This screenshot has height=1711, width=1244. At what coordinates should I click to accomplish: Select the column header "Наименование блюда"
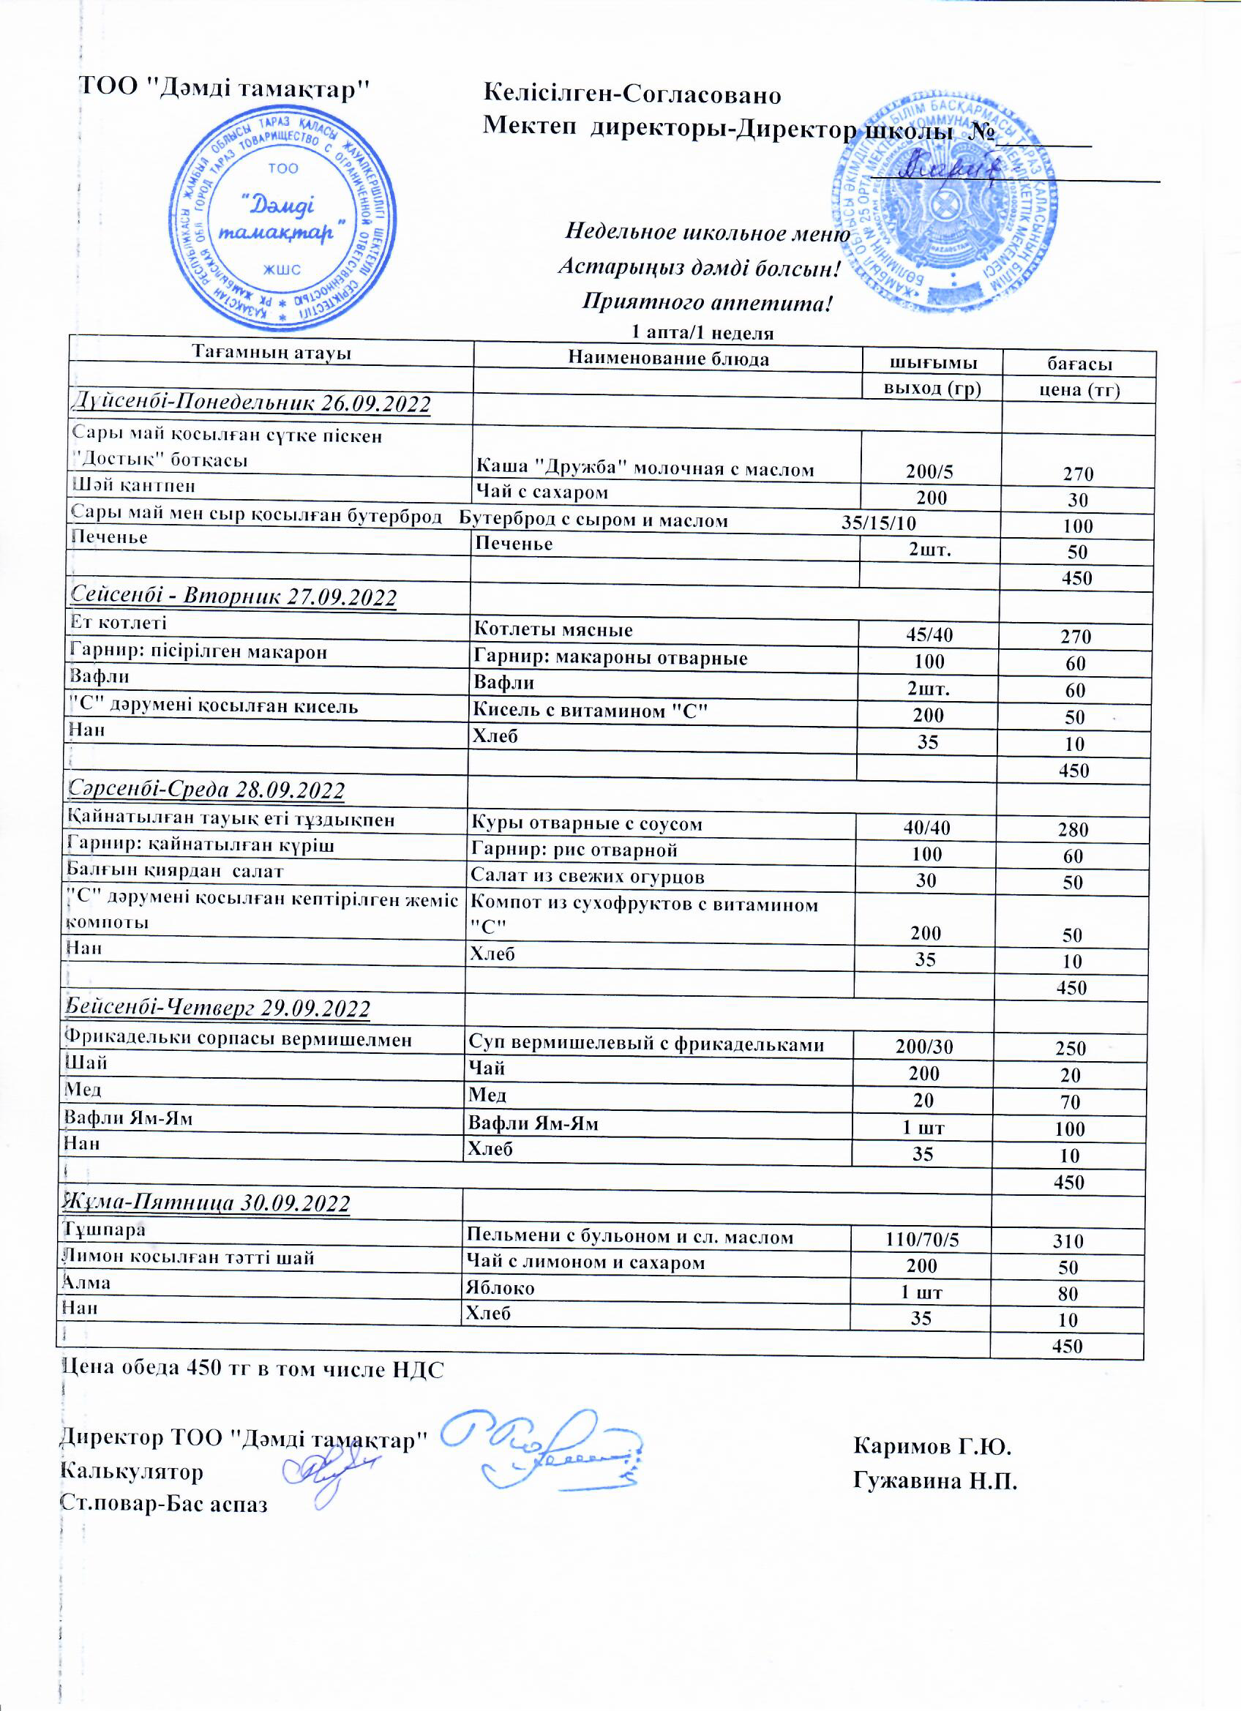[669, 359]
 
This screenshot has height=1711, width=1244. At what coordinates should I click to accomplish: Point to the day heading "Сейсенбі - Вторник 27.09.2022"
[234, 596]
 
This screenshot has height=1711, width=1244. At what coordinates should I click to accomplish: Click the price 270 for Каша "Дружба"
[1079, 473]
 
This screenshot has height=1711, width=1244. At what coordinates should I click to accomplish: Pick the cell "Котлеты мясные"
[553, 629]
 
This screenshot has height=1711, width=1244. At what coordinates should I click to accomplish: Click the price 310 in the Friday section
[1068, 1241]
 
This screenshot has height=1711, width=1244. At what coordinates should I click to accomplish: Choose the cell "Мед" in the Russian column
[487, 1095]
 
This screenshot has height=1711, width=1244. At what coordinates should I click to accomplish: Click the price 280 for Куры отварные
[1073, 830]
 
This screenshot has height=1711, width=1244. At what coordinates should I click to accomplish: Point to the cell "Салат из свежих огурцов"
[588, 877]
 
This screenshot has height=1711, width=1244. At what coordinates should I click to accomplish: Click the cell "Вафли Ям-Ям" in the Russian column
[533, 1123]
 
